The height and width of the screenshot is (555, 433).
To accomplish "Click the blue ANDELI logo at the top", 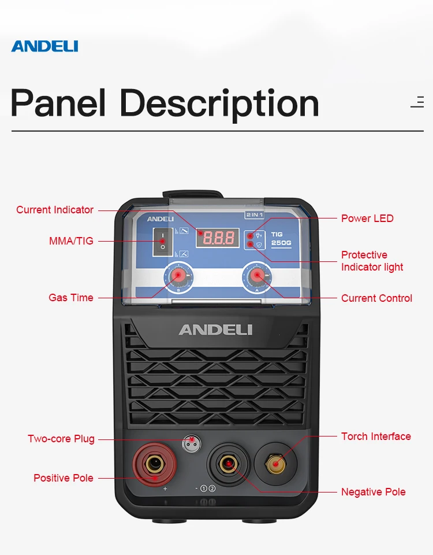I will click(x=44, y=46).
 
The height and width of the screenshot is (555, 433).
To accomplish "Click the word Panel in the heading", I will click(x=58, y=103).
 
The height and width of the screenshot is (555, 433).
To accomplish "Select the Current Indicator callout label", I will click(x=55, y=210).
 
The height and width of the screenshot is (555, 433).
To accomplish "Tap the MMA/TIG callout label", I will click(x=71, y=240).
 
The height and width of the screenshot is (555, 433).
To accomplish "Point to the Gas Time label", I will click(x=71, y=298).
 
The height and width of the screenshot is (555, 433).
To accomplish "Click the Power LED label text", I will click(x=367, y=218).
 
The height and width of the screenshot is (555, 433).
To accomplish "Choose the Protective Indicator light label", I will click(x=372, y=261).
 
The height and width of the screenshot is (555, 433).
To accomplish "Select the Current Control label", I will click(x=376, y=298).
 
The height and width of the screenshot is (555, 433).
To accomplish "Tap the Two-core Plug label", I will click(x=61, y=439).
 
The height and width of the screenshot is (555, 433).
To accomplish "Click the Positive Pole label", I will click(x=64, y=478).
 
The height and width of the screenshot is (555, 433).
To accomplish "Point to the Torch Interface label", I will click(x=376, y=436).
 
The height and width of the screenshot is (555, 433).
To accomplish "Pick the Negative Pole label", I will click(x=373, y=492).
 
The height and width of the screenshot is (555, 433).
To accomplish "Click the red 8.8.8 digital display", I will click(x=218, y=237).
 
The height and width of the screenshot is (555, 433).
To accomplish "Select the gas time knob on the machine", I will click(x=178, y=277).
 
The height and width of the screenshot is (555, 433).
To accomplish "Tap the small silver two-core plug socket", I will click(x=191, y=444).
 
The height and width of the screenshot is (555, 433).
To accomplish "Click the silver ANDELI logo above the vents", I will click(x=215, y=330).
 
